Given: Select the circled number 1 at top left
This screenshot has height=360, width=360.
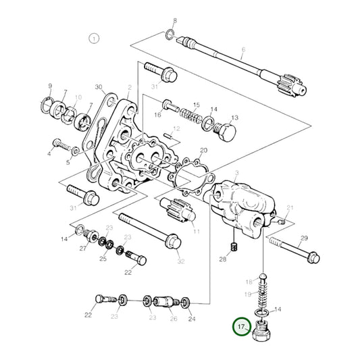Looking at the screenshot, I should [x=94, y=38].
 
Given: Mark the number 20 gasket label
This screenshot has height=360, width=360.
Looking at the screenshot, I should [x=203, y=151].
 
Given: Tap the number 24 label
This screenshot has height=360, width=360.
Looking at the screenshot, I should [x=191, y=319].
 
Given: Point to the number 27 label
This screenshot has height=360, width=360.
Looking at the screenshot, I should [x=84, y=249].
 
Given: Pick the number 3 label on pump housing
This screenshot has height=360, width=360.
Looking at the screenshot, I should [x=237, y=174].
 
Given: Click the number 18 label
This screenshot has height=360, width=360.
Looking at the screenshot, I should [x=248, y=281].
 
